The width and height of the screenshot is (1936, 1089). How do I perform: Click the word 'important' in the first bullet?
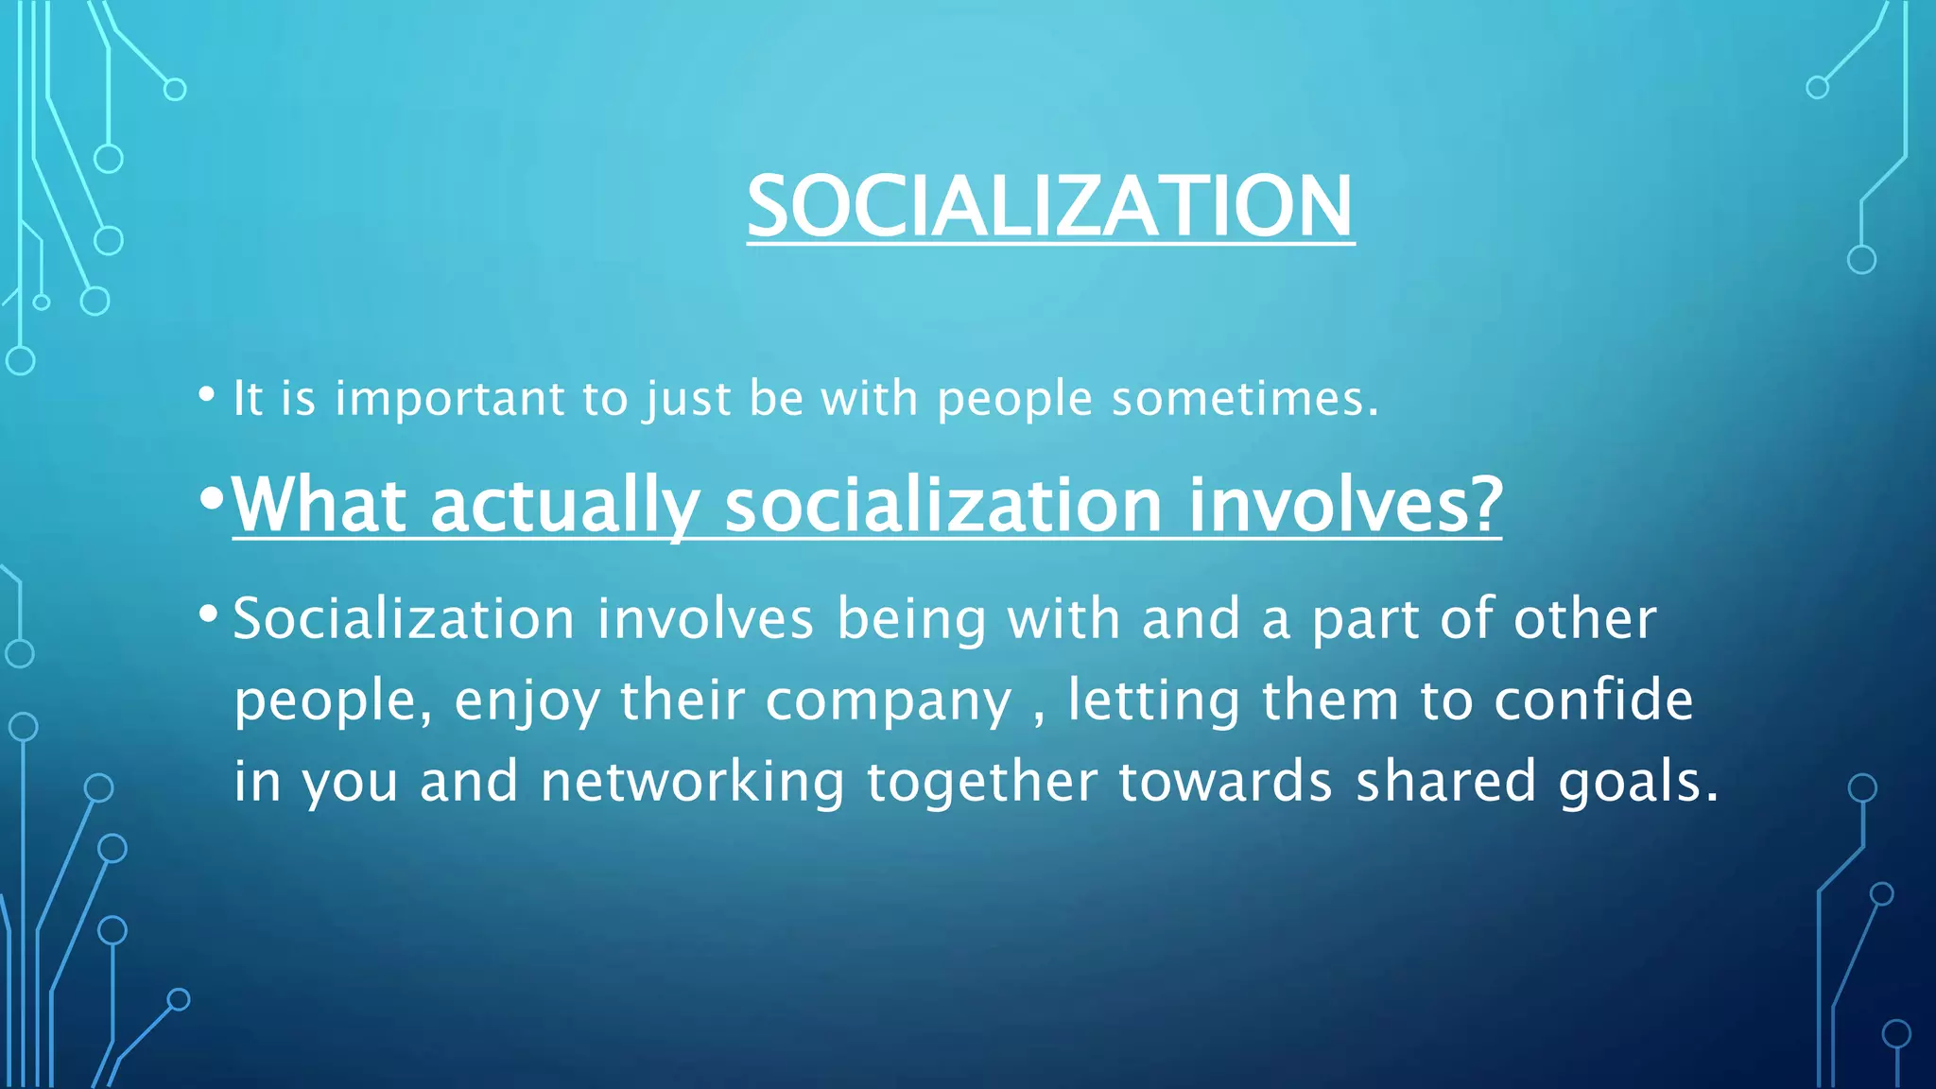coord(450,399)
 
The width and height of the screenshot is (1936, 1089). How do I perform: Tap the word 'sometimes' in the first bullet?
coord(1238,399)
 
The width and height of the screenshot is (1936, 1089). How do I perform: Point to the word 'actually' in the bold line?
coord(564,507)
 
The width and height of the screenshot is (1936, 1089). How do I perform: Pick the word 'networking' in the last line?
coord(692,784)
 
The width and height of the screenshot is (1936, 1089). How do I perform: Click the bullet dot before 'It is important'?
coord(207,395)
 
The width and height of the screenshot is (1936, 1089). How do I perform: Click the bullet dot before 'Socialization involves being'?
coord(208,615)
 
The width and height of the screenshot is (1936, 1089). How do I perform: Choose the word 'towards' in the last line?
coord(1225,782)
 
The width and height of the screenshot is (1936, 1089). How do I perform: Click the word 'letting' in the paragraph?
coord(1153,701)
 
